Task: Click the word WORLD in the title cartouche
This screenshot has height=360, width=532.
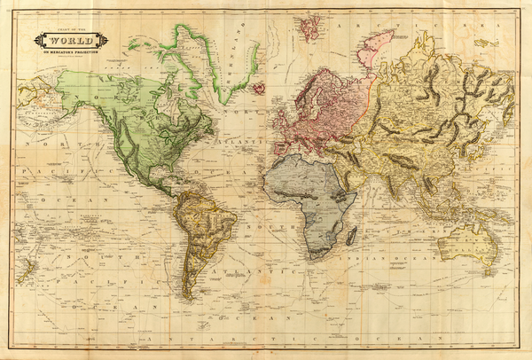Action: click(x=71, y=40)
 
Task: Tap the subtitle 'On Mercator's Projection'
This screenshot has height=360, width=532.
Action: click(x=71, y=51)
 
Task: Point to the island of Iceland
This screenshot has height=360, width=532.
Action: click(x=259, y=88)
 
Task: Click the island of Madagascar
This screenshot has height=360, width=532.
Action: click(x=353, y=234)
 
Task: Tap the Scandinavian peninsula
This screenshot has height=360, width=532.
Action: click(x=310, y=89)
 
